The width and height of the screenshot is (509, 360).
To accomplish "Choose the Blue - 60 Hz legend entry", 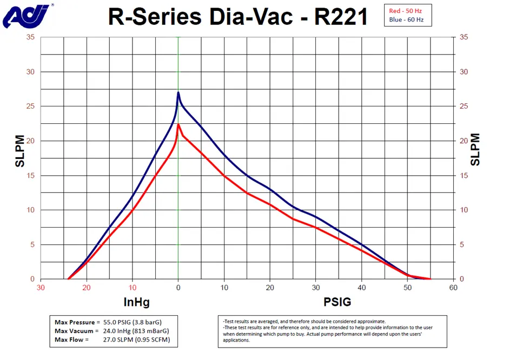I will [x=409, y=20].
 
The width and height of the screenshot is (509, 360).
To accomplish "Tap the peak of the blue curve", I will [x=179, y=92].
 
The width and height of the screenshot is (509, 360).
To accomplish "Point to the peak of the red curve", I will [x=179, y=124].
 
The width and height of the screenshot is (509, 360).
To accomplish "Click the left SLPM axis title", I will [x=19, y=151].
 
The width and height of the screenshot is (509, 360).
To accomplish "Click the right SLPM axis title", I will [x=475, y=150].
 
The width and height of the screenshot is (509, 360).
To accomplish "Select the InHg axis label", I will [x=136, y=301].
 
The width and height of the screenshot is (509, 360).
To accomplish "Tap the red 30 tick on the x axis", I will [x=41, y=288].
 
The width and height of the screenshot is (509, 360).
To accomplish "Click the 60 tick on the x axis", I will [x=453, y=288].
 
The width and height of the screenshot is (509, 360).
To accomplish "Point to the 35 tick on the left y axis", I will [x=30, y=37].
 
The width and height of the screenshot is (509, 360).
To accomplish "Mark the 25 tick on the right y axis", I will [x=463, y=106].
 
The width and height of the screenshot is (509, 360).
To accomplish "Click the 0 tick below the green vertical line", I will [x=179, y=288].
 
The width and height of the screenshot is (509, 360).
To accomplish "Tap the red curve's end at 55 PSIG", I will [x=430, y=279].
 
